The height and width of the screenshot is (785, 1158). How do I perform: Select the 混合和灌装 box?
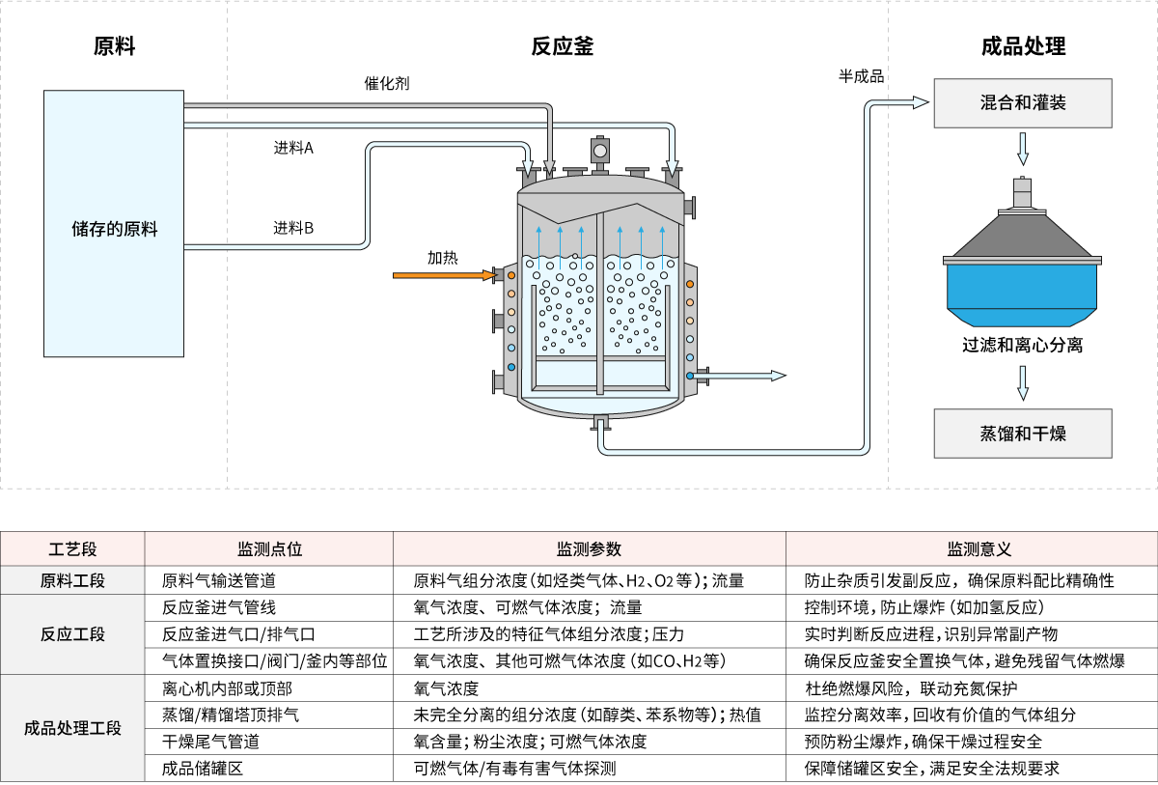(1023, 103)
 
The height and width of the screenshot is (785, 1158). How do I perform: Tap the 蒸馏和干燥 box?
(1023, 433)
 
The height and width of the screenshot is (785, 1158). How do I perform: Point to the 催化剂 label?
(386, 84)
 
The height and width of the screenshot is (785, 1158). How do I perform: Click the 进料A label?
(293, 149)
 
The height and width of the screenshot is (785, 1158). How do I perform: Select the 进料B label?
(293, 229)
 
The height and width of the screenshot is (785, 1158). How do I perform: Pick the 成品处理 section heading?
(1023, 46)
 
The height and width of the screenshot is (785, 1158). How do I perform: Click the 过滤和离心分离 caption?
(1023, 345)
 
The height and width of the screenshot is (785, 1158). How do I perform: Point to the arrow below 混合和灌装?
(1023, 150)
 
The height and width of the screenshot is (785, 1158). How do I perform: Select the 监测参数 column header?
(589, 549)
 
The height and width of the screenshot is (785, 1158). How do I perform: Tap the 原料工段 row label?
(72, 581)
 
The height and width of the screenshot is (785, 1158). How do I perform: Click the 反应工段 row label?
(72, 634)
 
